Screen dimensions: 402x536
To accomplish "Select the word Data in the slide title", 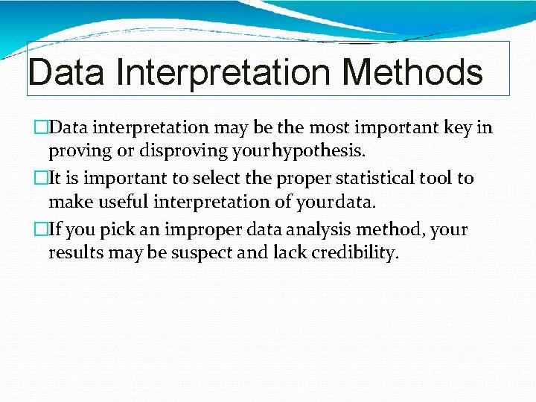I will pyautogui.click(x=66, y=73).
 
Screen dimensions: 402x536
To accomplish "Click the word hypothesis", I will pyautogui.click(x=319, y=152).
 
